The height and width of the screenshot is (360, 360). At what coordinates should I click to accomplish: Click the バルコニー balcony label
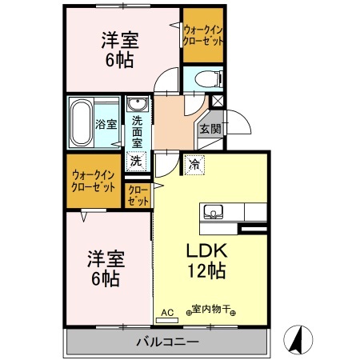tap(166, 342)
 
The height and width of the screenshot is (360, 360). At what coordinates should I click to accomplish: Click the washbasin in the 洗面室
tap(137, 106)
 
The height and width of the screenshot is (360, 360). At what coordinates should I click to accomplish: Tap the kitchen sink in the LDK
tap(213, 212)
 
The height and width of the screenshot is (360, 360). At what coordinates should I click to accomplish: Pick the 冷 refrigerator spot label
tap(194, 164)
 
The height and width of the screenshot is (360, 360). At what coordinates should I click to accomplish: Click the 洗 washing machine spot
tap(137, 160)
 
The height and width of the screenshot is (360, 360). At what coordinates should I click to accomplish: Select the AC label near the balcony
tap(167, 311)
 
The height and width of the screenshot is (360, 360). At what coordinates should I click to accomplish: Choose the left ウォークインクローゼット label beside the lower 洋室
tap(94, 180)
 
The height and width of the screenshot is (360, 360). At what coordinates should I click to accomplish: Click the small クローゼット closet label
tap(138, 196)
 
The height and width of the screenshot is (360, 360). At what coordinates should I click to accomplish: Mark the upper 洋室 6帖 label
tap(119, 50)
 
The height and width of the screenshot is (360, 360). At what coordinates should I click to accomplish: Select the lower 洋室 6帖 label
tap(103, 268)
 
